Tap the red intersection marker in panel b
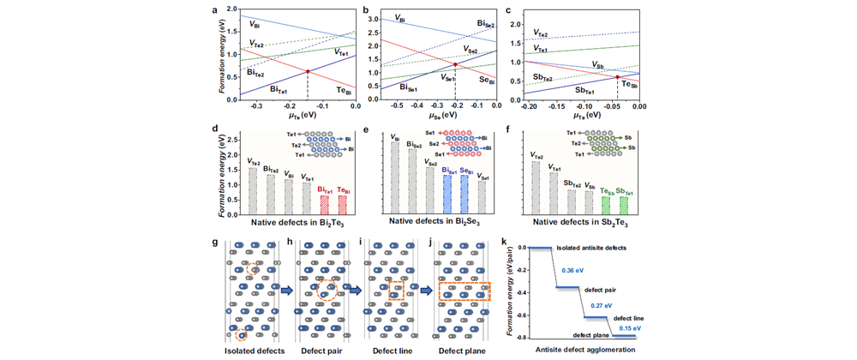point(455,64)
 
